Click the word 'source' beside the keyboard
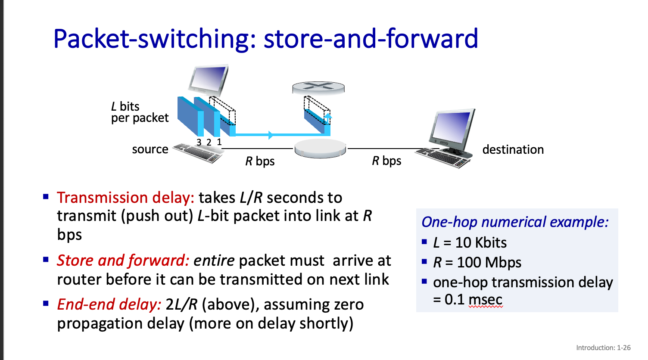pos(150,149)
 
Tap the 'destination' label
pos(513,149)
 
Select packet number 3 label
pos(199,142)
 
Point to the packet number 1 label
pos(219,142)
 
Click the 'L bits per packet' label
pos(140,112)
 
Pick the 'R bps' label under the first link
pos(260,161)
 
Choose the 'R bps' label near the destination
pos(386,161)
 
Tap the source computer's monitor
pos(208,79)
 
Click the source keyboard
pos(198,153)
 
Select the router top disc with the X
pos(318,87)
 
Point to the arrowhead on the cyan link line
pos(271,135)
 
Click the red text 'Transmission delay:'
pos(125,198)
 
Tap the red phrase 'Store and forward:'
pos(123,260)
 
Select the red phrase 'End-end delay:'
pos(109,304)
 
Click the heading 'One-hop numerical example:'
pos(515,222)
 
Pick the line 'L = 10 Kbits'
pos(470,242)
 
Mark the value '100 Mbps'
pos(489,263)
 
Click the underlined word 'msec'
pos(486,300)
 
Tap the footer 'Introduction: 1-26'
pos(604,348)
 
